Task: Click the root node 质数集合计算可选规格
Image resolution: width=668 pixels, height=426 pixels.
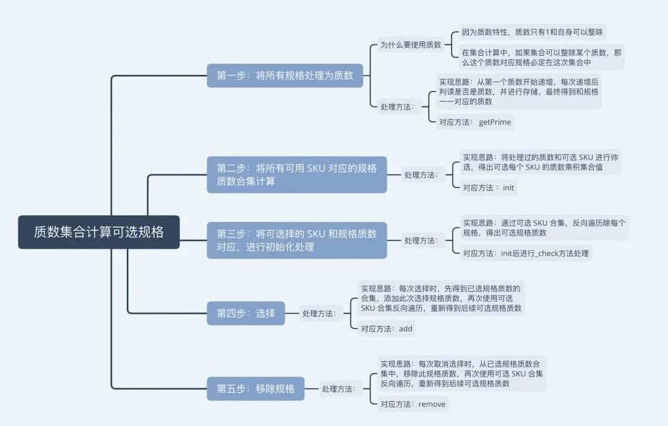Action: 99,232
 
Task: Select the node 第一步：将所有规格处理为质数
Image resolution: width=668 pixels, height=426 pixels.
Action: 285,75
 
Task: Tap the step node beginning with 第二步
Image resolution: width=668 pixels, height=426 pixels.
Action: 296,174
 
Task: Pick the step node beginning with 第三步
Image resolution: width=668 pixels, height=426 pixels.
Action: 296,241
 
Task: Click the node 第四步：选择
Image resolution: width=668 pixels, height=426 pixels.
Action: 246,313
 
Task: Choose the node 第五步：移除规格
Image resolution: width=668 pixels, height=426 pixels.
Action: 255,389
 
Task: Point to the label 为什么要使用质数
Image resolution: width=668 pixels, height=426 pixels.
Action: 411,45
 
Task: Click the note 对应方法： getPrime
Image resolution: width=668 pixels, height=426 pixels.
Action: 474,122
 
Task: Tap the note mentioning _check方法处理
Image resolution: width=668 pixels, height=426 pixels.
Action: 526,253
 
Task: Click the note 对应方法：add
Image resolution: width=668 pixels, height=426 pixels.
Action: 387,329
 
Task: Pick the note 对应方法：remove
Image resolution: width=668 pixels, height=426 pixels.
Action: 413,404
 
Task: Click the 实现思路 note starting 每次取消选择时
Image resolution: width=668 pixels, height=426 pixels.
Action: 461,373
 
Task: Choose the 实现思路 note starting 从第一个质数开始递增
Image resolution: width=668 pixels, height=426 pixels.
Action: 518,92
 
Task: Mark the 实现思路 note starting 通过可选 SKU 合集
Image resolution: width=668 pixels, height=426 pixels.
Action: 544,228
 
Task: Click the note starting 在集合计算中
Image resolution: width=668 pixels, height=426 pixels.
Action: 542,58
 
